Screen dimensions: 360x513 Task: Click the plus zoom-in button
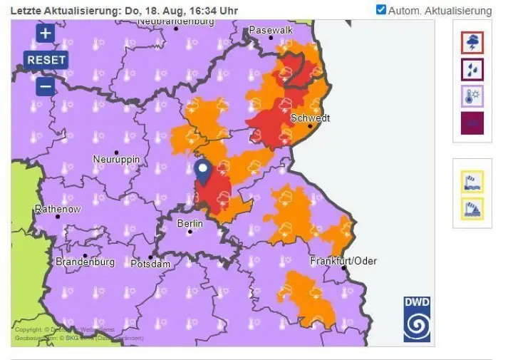[x=46, y=34]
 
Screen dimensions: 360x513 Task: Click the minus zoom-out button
[x=46, y=86]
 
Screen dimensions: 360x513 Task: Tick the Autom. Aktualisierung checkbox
[x=381, y=10]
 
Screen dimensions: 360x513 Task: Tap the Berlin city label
[x=190, y=223]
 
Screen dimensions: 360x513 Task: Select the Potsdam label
[x=151, y=264]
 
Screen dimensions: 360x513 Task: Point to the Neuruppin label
[x=116, y=159]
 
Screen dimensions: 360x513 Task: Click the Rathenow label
[x=58, y=209]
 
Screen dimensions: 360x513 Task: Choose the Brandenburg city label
[x=85, y=262]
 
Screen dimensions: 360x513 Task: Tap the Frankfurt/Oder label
[x=343, y=261]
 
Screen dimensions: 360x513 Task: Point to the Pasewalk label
[x=271, y=31]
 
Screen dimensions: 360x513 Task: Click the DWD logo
[x=417, y=319]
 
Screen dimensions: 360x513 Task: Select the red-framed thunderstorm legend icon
[x=472, y=43]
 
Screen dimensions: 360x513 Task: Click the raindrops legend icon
[x=472, y=69]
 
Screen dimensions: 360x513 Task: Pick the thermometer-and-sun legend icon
[x=472, y=96]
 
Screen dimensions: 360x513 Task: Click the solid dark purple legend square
[x=472, y=123]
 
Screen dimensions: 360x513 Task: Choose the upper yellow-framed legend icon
[x=472, y=181]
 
